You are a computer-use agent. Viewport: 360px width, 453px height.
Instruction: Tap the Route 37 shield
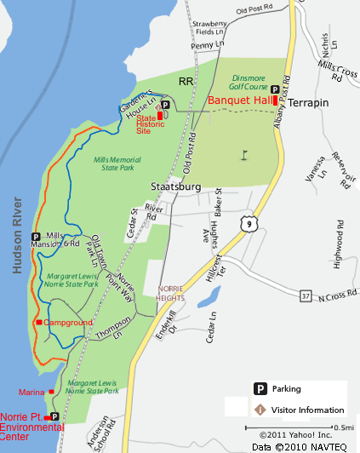pyautogui.click(x=306, y=296)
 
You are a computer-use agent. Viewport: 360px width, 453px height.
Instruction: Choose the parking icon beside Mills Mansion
pyautogui.click(x=36, y=237)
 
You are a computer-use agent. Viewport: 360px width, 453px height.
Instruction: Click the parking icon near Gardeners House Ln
pyautogui.click(x=164, y=104)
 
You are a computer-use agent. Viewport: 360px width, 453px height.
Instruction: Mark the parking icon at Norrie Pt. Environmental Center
pyautogui.click(x=54, y=416)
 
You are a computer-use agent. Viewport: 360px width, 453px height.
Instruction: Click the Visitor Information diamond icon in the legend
pyautogui.click(x=260, y=410)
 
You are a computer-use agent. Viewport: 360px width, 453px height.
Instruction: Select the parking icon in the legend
pyautogui.click(x=260, y=389)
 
